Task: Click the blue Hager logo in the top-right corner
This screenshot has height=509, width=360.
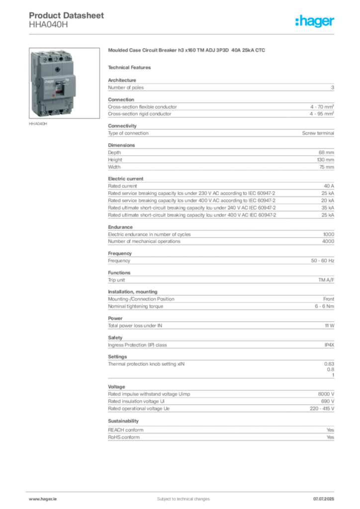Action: (x=315, y=21)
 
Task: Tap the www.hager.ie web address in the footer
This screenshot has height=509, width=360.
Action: (x=41, y=499)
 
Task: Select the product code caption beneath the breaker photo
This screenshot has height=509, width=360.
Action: (x=37, y=124)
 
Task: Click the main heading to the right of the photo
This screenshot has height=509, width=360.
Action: (x=187, y=51)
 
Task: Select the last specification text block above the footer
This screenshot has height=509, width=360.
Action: (x=221, y=432)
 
